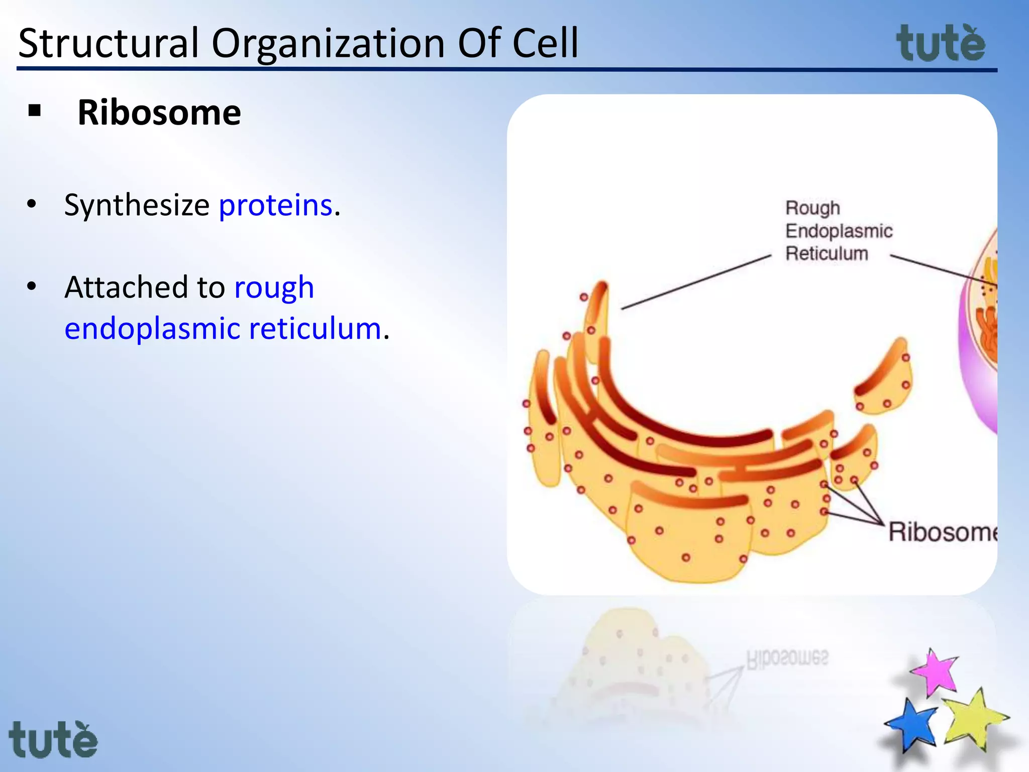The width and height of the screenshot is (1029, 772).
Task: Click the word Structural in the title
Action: click(x=109, y=43)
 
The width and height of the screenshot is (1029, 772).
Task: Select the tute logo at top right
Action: click(x=941, y=44)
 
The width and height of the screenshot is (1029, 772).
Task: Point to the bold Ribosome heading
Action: click(x=159, y=113)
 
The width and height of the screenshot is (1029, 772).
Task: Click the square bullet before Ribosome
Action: click(x=35, y=111)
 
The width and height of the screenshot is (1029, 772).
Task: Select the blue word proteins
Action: click(x=276, y=205)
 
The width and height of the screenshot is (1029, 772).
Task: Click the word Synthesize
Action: click(x=137, y=206)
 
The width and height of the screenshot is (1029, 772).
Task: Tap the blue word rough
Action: click(x=274, y=288)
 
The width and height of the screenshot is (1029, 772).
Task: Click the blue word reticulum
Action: click(x=315, y=329)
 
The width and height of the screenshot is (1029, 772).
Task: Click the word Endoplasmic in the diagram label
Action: click(x=839, y=231)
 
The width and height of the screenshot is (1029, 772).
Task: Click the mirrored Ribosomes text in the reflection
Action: click(x=787, y=659)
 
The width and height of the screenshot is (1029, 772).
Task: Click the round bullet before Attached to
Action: click(x=32, y=286)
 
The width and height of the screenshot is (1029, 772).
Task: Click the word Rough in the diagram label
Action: click(x=812, y=208)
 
